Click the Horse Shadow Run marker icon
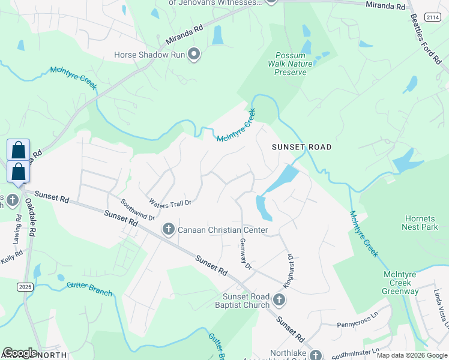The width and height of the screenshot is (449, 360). pyautogui.click(x=193, y=55)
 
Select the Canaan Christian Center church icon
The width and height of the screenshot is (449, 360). pyautogui.click(x=168, y=230)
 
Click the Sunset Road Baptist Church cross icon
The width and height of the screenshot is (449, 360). pyautogui.click(x=279, y=299)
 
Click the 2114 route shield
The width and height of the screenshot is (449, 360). pyautogui.click(x=432, y=18)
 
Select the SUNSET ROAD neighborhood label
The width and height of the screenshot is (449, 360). pyautogui.click(x=301, y=147)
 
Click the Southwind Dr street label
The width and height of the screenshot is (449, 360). pyautogui.click(x=137, y=209)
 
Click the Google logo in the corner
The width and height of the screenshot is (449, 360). pyautogui.click(x=20, y=353)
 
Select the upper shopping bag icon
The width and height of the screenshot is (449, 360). pyautogui.click(x=18, y=149)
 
